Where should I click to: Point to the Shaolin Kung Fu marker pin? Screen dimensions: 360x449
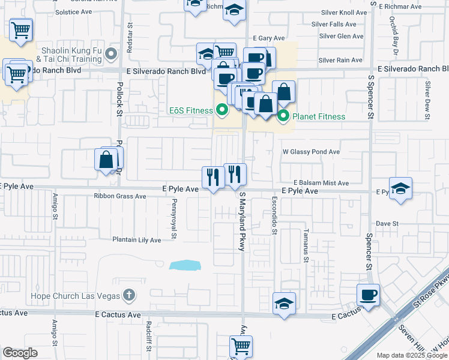click(x=111, y=55)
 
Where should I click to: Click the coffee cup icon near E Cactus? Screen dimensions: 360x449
click(x=368, y=295)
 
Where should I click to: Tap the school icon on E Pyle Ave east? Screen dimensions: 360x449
click(x=400, y=188)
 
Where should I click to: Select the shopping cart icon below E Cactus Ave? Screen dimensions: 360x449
click(x=241, y=346)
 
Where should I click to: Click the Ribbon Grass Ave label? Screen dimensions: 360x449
click(x=120, y=196)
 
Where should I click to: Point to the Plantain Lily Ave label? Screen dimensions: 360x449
click(x=137, y=240)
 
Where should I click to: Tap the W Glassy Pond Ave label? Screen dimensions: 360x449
click(x=311, y=152)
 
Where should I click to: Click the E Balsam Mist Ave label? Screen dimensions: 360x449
click(x=321, y=183)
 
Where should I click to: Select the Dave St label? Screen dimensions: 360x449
click(x=387, y=224)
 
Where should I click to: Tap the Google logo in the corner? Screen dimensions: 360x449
click(x=19, y=353)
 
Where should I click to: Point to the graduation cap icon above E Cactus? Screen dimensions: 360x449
click(x=284, y=303)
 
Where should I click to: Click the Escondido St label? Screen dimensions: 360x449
click(x=274, y=214)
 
